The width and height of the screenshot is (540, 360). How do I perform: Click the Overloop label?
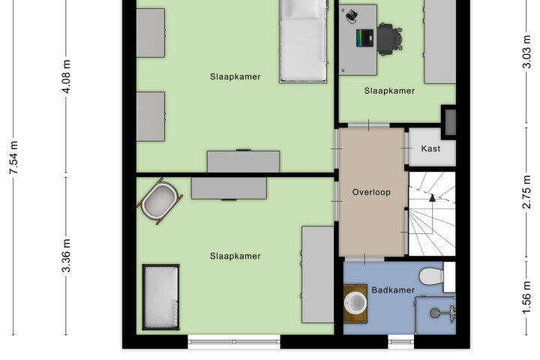click(x=371, y=192)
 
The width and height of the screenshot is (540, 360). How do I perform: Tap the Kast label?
click(x=430, y=148)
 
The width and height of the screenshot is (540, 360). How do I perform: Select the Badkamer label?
click(x=393, y=290)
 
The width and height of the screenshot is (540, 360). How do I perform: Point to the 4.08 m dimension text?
click(x=67, y=76)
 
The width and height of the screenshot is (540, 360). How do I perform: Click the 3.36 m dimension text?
click(x=67, y=255)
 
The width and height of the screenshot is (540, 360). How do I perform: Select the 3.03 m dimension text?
click(x=526, y=52)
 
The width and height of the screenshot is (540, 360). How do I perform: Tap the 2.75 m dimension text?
click(x=526, y=192)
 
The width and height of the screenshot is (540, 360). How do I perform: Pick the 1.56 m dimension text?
click(x=526, y=298)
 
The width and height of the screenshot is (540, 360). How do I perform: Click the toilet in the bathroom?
click(x=436, y=277)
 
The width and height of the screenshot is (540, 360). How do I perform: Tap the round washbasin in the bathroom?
click(x=355, y=303)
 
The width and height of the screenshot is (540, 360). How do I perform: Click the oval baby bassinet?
click(x=160, y=201)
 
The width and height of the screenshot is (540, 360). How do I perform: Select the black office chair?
click(x=389, y=39)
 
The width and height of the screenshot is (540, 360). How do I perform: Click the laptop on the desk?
click(x=364, y=38)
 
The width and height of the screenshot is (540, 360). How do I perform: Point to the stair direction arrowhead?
click(x=432, y=198)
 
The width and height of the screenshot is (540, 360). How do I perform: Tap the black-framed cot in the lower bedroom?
click(x=160, y=297)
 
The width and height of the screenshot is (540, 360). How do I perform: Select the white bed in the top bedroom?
click(x=303, y=40)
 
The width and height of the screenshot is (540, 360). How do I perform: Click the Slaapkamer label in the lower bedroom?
click(x=235, y=256)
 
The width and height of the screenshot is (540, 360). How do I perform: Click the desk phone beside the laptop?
click(x=351, y=16)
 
